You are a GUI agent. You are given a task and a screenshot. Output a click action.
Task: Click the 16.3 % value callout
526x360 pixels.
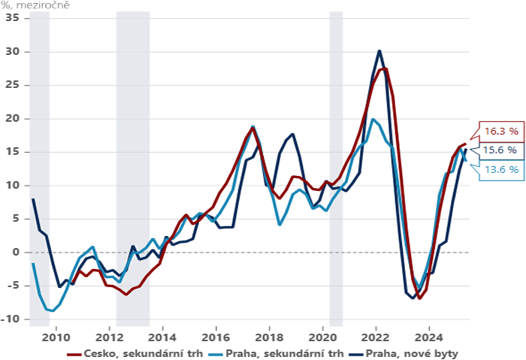(x=500, y=130)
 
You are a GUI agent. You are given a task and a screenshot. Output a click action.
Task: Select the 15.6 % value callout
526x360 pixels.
(x=500, y=150)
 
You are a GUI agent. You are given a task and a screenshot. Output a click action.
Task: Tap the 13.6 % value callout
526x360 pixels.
(x=500, y=170)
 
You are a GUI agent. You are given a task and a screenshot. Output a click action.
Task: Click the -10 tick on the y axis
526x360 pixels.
(x=11, y=319)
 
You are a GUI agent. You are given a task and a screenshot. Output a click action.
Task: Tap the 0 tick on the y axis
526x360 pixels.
(x=15, y=252)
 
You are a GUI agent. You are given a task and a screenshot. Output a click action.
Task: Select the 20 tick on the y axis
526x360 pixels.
(x=12, y=118)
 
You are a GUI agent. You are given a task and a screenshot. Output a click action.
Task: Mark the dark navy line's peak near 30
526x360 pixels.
(x=379, y=51)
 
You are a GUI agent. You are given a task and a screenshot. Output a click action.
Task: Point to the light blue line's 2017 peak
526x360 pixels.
(x=253, y=126)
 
